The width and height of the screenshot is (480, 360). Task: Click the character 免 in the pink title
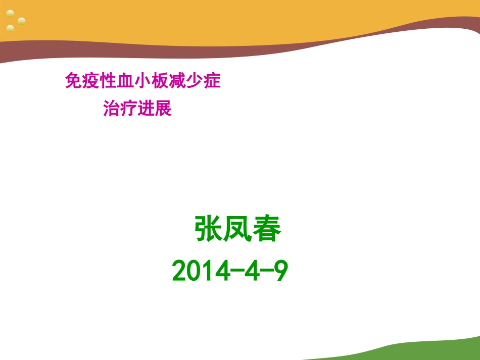(x=73, y=81)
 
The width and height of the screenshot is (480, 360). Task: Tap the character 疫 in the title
(x=90, y=81)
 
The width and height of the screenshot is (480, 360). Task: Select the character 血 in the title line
(x=125, y=81)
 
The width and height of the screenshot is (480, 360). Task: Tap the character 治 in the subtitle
(x=112, y=109)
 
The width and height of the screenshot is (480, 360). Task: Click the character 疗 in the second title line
(x=129, y=109)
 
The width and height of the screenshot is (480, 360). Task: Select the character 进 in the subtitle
(x=147, y=109)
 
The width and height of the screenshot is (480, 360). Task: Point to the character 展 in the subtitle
(x=164, y=109)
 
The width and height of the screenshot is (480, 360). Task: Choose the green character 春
(x=266, y=230)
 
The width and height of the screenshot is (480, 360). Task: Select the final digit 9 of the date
(x=280, y=272)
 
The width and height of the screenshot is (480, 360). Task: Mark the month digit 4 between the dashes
(x=251, y=272)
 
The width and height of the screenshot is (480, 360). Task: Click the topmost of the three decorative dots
(x=10, y=13)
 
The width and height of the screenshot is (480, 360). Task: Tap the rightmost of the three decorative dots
(x=21, y=21)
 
